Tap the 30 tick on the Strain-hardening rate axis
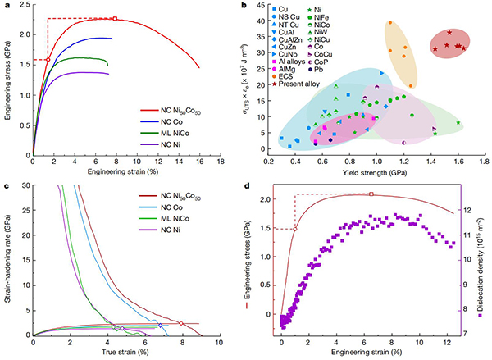point(24,186)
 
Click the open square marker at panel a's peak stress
point(115,18)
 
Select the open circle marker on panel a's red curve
point(48,60)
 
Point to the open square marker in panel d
point(371,194)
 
